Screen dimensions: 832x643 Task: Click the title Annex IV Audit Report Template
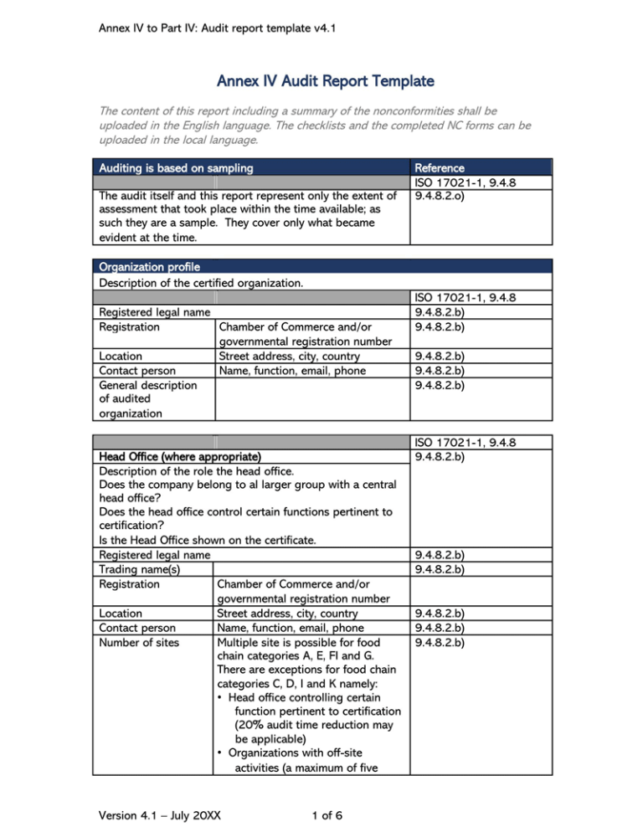click(x=325, y=81)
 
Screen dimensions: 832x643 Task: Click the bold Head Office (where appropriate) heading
click(x=179, y=458)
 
